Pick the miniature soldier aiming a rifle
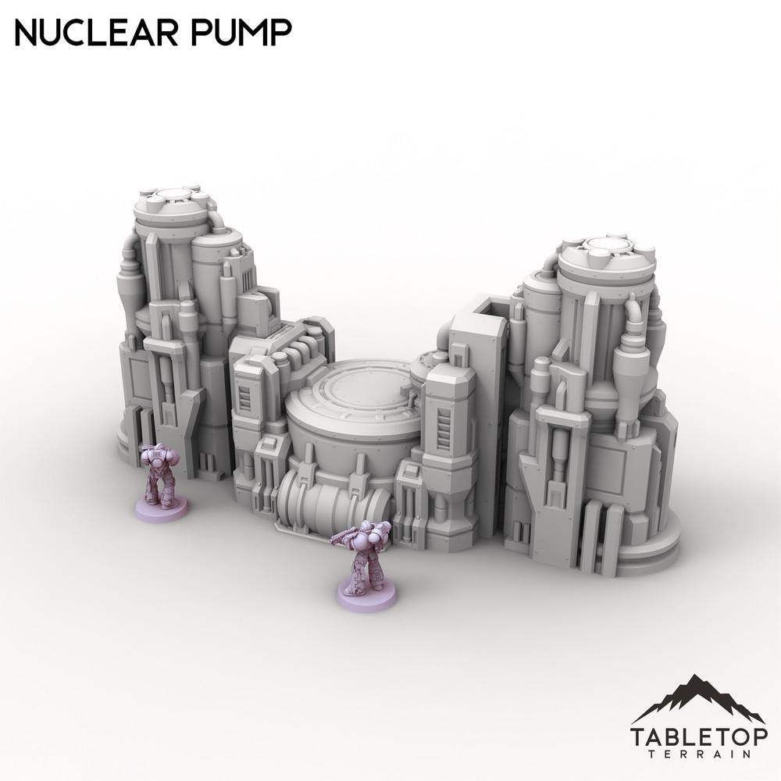[363, 558]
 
